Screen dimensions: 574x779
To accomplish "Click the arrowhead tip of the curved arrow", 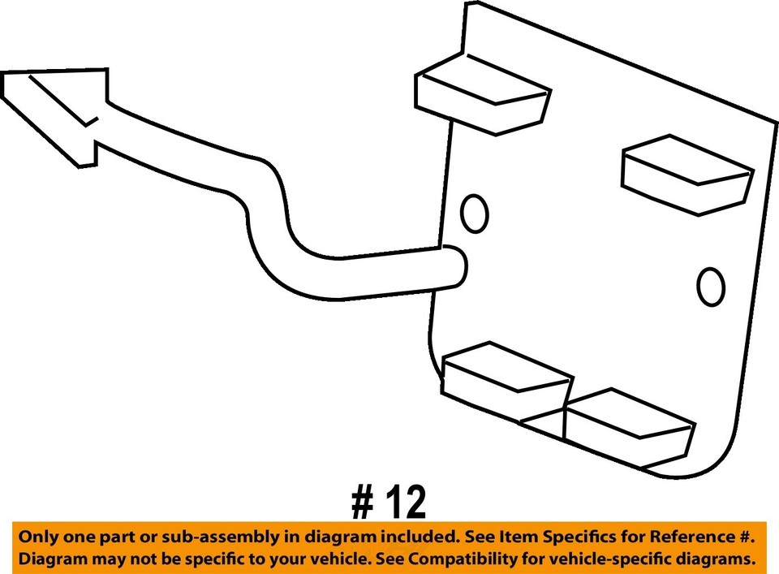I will (x=6, y=77).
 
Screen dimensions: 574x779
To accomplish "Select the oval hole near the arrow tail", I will (x=474, y=214).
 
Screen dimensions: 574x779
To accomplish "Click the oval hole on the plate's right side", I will (x=711, y=287).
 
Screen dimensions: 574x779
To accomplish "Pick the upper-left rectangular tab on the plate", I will (x=482, y=94).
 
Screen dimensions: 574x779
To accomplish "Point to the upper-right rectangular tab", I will (x=686, y=174).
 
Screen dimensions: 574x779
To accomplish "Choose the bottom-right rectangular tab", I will (x=629, y=425).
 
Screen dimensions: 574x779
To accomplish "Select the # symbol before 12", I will (x=363, y=503).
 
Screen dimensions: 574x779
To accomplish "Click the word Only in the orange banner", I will (x=38, y=537).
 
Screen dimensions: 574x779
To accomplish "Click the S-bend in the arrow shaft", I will (x=268, y=211).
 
